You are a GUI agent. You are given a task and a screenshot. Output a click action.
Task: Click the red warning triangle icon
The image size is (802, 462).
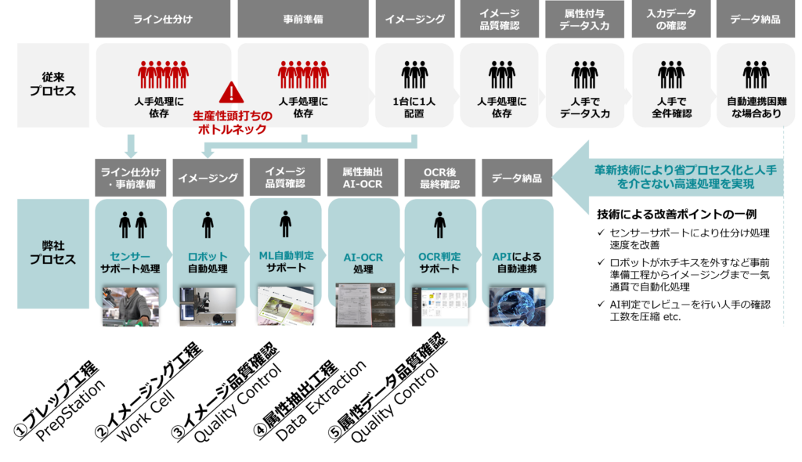point(231,92)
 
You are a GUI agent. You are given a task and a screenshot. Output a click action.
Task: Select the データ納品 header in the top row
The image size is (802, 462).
point(754,19)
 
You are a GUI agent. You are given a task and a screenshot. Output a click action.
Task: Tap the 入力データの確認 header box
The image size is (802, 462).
point(671,19)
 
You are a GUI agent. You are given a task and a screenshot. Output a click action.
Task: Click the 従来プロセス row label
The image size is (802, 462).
point(52,85)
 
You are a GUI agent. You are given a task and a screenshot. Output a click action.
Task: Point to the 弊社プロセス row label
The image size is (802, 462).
point(52,252)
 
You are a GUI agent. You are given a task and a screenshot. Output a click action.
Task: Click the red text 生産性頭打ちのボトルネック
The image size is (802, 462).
point(233,123)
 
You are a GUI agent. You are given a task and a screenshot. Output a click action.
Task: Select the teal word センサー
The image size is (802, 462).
point(130,256)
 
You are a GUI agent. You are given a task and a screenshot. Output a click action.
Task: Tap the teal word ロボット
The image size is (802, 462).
point(208,256)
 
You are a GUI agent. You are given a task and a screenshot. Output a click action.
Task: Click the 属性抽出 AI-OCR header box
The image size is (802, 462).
point(363,178)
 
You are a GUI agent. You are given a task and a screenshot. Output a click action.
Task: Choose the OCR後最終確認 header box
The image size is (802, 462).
point(439,178)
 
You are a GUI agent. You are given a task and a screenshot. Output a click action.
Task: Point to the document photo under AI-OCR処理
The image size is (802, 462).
point(363,305)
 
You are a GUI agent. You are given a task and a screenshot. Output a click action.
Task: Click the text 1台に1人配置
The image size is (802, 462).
point(414,108)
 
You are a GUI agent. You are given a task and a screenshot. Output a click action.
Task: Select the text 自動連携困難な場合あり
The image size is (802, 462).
point(755,108)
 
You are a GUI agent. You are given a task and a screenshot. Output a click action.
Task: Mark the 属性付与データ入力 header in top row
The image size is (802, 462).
point(585,19)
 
